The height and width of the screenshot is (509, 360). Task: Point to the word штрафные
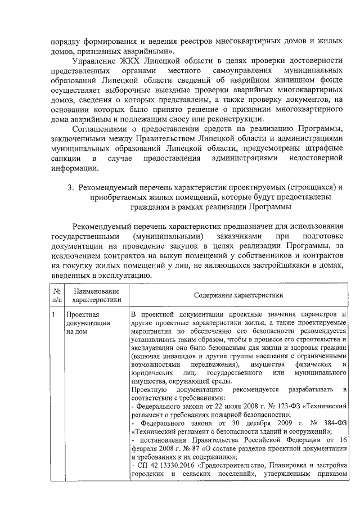point(324,148)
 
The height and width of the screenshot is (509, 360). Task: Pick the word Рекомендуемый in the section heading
point(108,187)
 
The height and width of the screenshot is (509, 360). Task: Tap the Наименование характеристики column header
point(92,295)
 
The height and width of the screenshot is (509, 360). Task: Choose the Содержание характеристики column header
point(238,295)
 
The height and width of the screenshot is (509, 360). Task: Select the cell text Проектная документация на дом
point(84,323)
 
